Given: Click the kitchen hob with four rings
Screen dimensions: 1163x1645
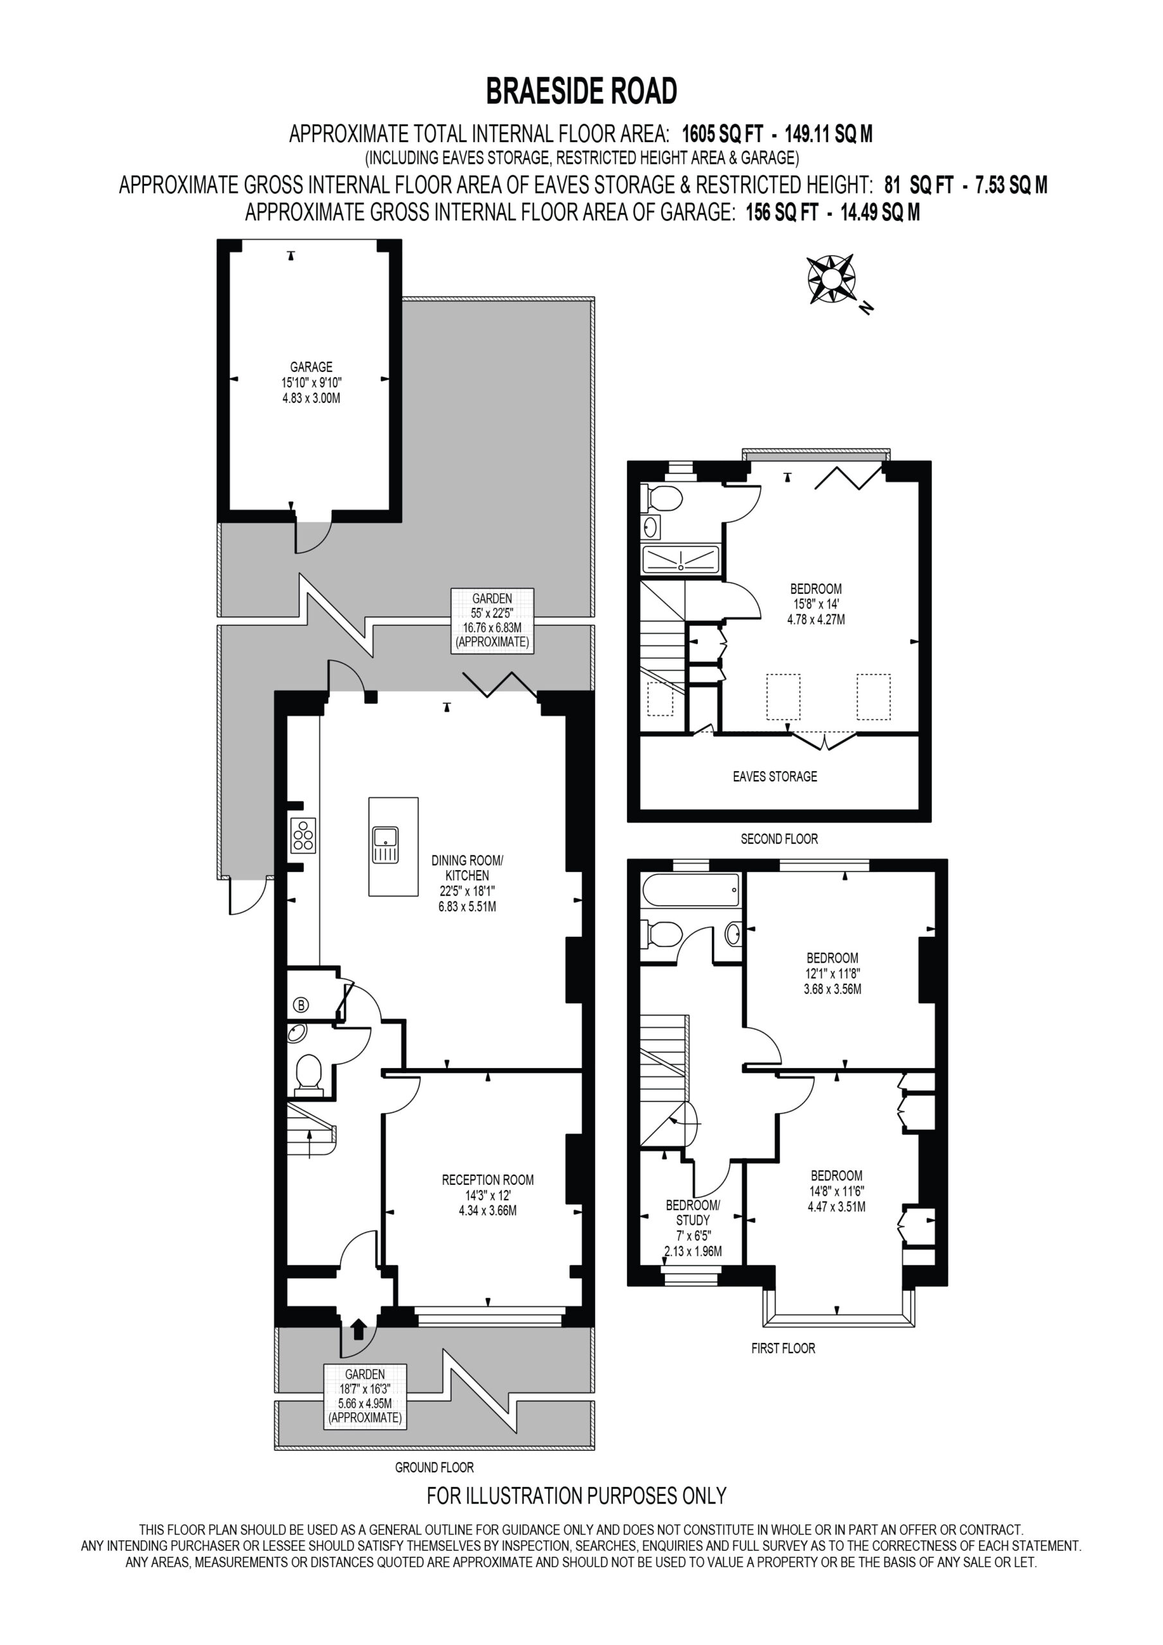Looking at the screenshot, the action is click(303, 835).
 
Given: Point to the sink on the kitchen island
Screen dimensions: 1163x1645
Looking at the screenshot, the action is click(385, 846).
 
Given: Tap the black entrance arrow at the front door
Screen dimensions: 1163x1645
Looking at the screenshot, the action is click(359, 1329).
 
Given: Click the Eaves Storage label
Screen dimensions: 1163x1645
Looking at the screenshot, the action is click(775, 776).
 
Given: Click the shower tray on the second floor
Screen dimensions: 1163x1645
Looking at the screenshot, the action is click(680, 560).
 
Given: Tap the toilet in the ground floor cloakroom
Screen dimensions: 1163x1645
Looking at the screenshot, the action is click(310, 1074).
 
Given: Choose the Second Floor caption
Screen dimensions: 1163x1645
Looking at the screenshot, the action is click(779, 839).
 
